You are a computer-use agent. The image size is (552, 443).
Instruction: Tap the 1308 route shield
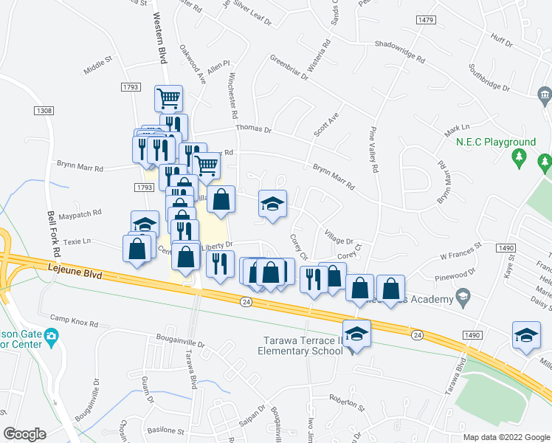(x=44, y=111)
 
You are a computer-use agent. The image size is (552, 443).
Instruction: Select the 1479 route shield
(x=425, y=20)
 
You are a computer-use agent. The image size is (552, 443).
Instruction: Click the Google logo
(x=25, y=434)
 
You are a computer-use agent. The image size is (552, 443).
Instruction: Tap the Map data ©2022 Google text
(x=506, y=437)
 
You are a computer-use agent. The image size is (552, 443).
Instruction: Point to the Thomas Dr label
(x=254, y=128)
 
